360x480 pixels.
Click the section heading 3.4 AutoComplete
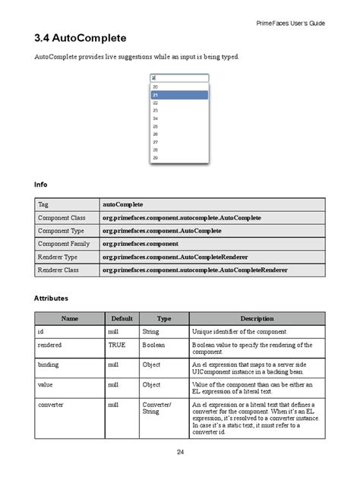(x=81, y=39)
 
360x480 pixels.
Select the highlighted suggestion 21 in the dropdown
(x=179, y=95)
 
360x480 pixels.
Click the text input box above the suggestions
(x=179, y=77)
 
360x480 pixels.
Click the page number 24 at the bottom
(x=180, y=452)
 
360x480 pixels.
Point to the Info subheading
(x=41, y=185)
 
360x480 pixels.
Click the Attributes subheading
(x=52, y=298)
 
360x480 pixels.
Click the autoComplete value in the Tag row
(x=123, y=204)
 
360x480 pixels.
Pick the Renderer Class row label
(x=58, y=270)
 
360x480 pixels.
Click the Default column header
(x=122, y=319)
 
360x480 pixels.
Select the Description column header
(x=257, y=319)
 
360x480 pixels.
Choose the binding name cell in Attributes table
(x=48, y=365)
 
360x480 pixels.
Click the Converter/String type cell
(x=156, y=409)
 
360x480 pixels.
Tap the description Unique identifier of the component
(x=239, y=332)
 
